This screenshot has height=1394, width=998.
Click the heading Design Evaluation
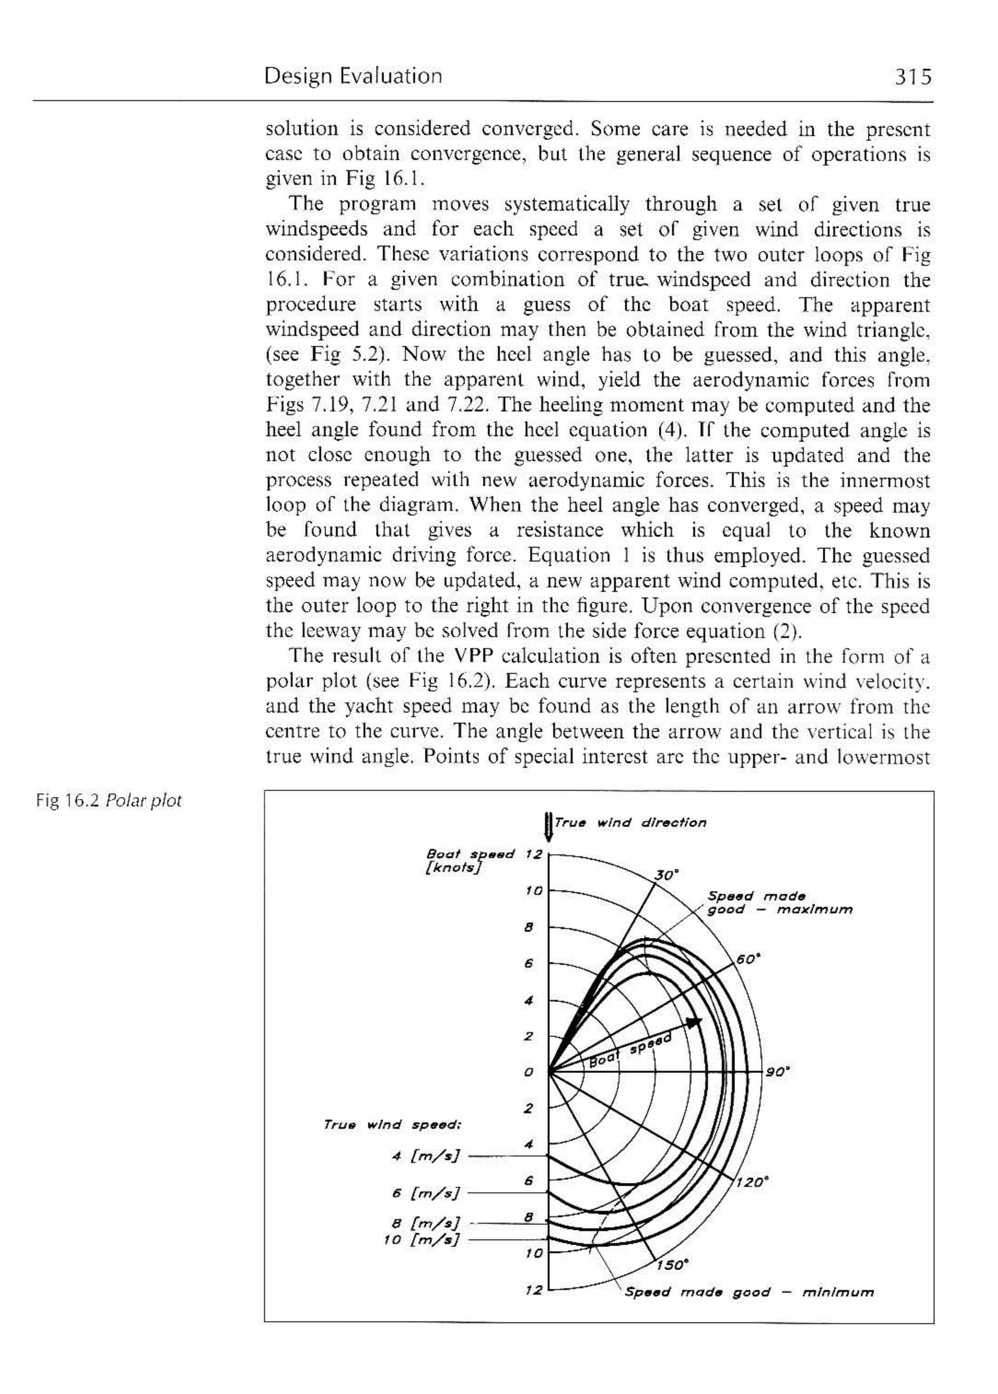353,76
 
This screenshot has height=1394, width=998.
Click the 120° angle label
751,1182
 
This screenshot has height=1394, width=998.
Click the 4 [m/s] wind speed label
425,1156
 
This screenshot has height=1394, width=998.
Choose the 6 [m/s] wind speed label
425,1194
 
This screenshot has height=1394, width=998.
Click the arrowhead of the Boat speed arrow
695,1022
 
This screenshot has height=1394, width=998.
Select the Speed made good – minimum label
748,1292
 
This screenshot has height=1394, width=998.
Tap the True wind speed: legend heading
392,1125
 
